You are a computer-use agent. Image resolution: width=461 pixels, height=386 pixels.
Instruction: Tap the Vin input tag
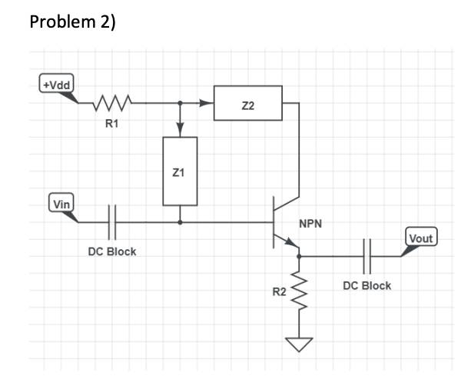pyautogui.click(x=61, y=203)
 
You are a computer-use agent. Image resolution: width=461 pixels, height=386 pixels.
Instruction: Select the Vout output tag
pyautogui.click(x=420, y=238)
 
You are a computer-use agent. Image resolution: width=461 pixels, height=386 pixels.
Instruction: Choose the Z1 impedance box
pyautogui.click(x=180, y=171)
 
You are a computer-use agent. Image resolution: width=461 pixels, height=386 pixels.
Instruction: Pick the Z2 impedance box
pyautogui.click(x=247, y=103)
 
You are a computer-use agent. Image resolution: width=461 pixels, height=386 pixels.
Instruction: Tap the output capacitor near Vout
pyautogui.click(x=366, y=257)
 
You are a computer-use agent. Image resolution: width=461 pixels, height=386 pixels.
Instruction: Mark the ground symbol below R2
pyautogui.click(x=299, y=344)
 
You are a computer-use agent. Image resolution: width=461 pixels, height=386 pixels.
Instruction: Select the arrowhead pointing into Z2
pyautogui.click(x=208, y=103)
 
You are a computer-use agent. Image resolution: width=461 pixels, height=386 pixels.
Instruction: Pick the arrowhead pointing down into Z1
pyautogui.click(x=180, y=130)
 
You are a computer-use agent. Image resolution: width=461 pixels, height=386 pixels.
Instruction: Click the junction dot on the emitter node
pyautogui.click(x=299, y=256)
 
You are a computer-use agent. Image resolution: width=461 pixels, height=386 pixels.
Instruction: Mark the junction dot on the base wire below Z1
pyautogui.click(x=180, y=222)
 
